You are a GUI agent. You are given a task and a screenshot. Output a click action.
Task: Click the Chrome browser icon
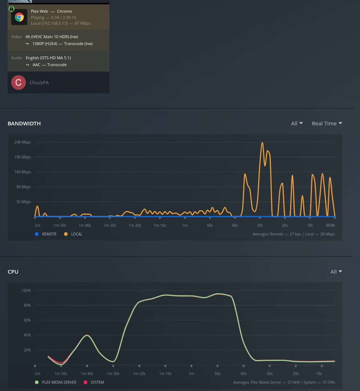[19, 17]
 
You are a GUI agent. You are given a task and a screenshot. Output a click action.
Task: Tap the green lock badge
[11, 9]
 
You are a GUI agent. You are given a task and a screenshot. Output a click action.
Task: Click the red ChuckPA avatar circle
[18, 82]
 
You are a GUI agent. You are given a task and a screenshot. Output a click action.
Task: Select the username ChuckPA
[39, 83]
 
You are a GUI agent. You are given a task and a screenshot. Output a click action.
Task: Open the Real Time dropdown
[327, 124]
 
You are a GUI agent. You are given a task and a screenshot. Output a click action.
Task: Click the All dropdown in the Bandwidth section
[297, 124]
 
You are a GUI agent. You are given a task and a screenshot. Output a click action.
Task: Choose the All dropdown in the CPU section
[336, 272]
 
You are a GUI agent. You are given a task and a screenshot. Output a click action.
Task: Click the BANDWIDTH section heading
[24, 124]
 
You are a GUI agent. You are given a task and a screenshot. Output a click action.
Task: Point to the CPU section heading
[13, 272]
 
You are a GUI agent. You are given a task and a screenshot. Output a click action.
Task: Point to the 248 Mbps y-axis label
[23, 142]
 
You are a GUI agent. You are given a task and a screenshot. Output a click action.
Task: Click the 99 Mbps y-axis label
[24, 187]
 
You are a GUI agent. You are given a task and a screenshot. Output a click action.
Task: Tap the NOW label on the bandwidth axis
[330, 226]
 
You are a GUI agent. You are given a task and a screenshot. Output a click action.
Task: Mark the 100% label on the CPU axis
[26, 290]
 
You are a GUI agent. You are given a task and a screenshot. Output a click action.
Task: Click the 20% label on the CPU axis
[27, 350]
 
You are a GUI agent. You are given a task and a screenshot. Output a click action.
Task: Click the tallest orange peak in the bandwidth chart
[262, 143]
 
